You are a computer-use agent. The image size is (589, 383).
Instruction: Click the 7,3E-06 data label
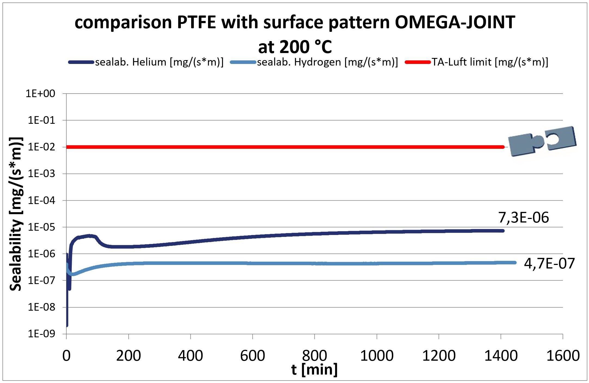(x=523, y=218)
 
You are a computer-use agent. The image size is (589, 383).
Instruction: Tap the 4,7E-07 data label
(x=549, y=263)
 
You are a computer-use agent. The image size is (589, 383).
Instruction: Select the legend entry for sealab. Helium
(x=159, y=62)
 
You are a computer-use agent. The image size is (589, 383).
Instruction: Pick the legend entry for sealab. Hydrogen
(x=327, y=62)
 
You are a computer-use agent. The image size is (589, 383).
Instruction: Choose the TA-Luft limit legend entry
(x=489, y=62)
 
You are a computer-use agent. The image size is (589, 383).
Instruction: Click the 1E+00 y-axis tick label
(x=40, y=94)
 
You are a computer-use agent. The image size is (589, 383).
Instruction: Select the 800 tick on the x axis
(x=314, y=356)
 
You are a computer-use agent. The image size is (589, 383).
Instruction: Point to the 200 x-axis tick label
(x=128, y=356)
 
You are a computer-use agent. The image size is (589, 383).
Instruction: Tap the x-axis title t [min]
(x=314, y=370)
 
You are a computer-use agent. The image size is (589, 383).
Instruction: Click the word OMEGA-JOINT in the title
(x=455, y=22)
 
